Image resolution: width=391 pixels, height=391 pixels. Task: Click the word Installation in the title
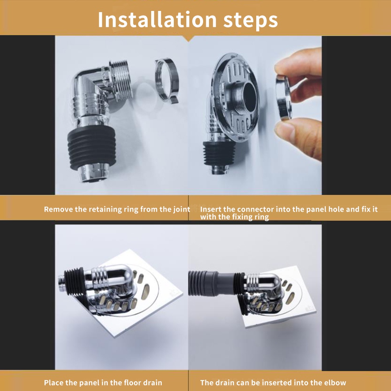click(x=157, y=20)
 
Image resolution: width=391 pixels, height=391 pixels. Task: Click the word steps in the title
click(x=250, y=20)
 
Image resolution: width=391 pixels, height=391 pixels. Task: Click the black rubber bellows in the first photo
click(x=92, y=147)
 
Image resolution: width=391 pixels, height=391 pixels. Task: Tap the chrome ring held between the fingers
click(x=284, y=97)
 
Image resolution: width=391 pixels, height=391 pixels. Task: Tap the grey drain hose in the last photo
click(x=212, y=283)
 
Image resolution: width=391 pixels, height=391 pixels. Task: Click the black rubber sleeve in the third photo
click(x=74, y=282)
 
